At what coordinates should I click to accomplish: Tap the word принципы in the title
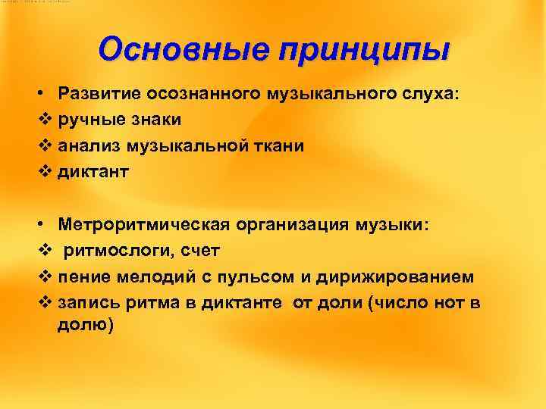364,52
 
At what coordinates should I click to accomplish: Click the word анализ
87,145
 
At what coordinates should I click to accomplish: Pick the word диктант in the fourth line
93,171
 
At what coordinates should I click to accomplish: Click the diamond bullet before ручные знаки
41,120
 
